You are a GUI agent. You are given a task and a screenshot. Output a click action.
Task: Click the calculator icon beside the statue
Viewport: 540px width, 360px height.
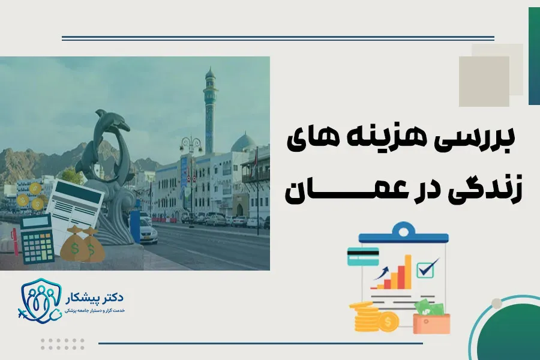37,239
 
